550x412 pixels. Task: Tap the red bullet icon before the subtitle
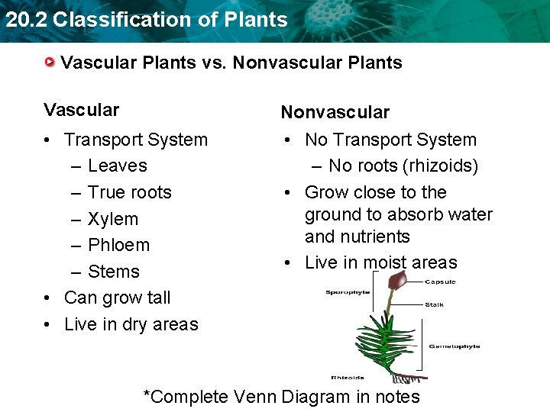[50, 61]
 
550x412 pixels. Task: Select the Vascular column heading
[81, 110]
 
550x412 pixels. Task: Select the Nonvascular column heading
[335, 112]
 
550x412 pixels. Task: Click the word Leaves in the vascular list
[117, 166]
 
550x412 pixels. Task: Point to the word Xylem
[113, 219]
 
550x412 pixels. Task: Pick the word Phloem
[118, 245]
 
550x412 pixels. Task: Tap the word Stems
[114, 272]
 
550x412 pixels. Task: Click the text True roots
[129, 192]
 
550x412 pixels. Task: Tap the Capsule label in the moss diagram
[441, 282]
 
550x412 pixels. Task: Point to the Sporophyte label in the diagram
[348, 291]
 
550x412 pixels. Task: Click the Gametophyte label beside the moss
[454, 346]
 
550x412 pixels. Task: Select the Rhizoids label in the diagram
[348, 377]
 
